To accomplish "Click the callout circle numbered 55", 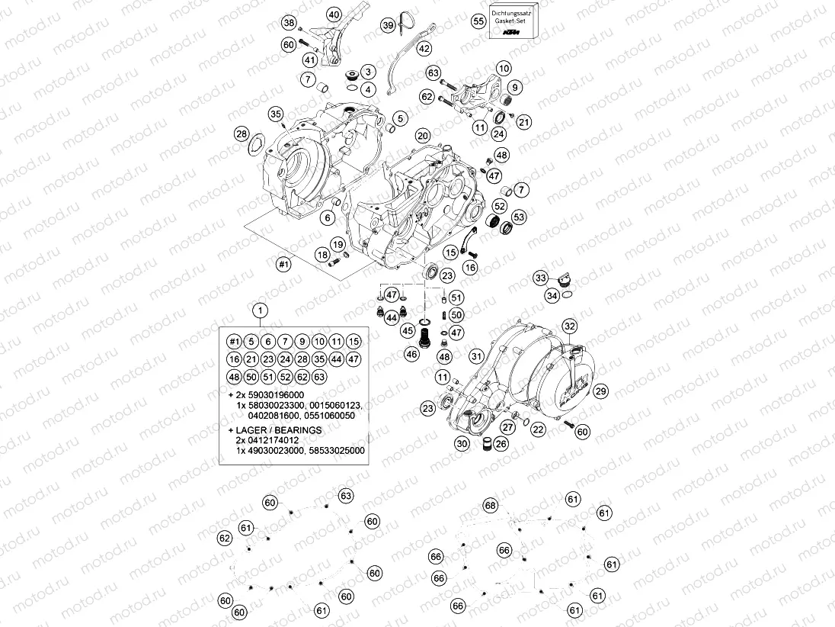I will click(478, 21).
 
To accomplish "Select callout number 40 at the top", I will click(334, 14).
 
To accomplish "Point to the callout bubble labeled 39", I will click(388, 25).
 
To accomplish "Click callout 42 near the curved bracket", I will click(424, 48).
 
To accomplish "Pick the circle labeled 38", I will click(289, 23).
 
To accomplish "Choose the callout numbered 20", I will click(424, 134).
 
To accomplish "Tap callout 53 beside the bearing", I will click(519, 217).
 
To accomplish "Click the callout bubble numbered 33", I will click(541, 278).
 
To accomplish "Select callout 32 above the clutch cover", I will click(570, 326).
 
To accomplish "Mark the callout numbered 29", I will click(601, 391).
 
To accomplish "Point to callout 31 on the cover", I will click(477, 355).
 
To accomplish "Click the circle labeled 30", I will click(462, 444).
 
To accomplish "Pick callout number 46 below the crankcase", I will click(412, 353).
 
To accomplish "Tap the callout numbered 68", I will click(490, 506).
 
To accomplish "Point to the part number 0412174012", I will click(277, 441).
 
